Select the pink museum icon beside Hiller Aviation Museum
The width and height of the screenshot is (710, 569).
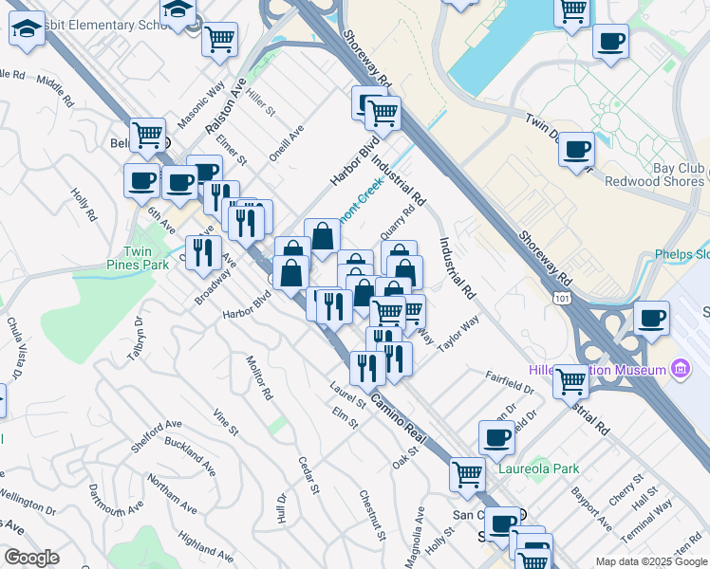680,368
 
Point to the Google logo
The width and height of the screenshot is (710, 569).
32,559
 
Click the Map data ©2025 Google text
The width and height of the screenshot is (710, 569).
652,561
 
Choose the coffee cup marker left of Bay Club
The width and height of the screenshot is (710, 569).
576,151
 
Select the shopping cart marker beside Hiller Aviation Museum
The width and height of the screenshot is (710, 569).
570,381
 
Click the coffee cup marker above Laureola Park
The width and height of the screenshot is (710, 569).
496,437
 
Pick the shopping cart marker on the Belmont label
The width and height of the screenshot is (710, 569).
147,136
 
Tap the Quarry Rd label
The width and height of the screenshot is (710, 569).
397,225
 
